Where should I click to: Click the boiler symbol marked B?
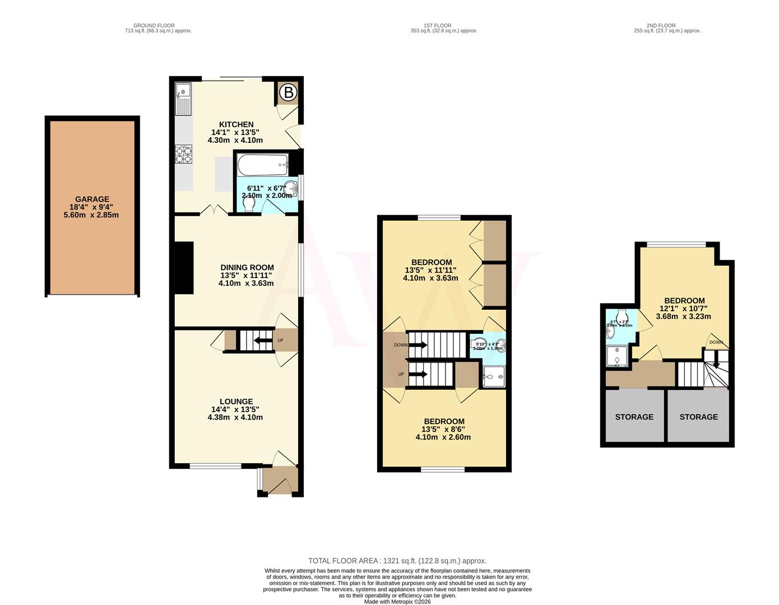click(288, 92)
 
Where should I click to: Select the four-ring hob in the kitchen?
click(183, 154)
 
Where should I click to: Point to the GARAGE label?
click(92, 199)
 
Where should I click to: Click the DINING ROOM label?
click(247, 268)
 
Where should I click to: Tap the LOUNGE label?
click(236, 402)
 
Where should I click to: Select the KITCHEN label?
click(236, 124)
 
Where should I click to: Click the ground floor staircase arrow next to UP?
click(260, 340)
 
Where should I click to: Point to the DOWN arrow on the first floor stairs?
click(418, 345)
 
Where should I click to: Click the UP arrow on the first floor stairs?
click(418, 374)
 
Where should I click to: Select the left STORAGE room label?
click(634, 417)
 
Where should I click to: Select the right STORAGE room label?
click(698, 417)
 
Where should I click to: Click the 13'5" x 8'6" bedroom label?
click(444, 422)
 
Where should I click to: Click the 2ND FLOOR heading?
click(661, 26)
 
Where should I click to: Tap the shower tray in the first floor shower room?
click(493, 377)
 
